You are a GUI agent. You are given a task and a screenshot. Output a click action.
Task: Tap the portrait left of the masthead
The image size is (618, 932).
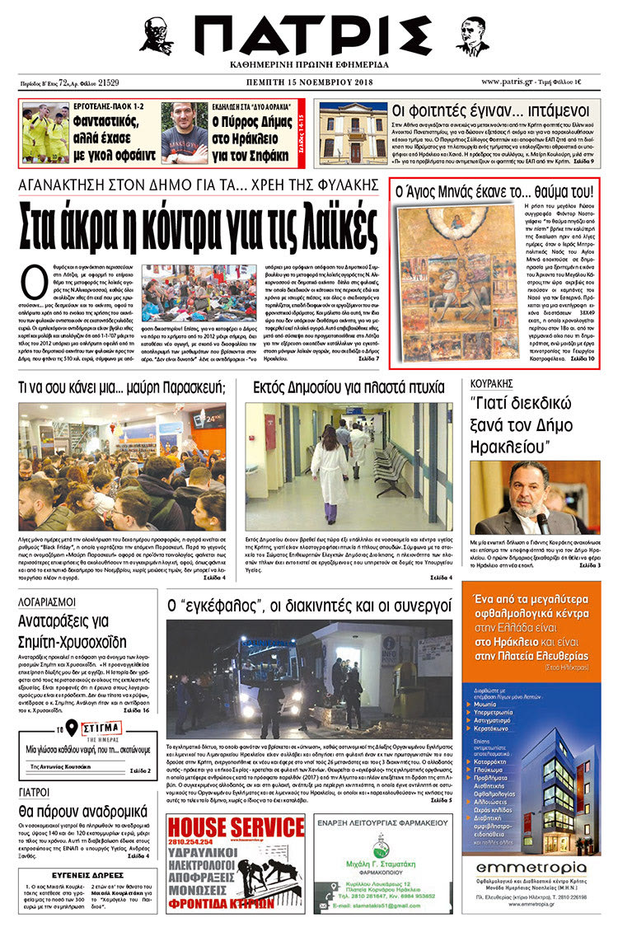(156, 35)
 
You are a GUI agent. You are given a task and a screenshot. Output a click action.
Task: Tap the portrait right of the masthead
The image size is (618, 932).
(471, 36)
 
